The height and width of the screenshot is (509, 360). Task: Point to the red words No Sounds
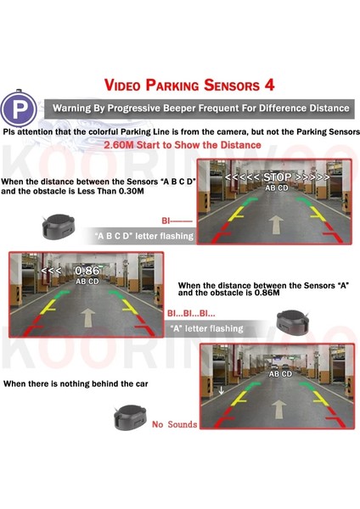click(175, 424)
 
